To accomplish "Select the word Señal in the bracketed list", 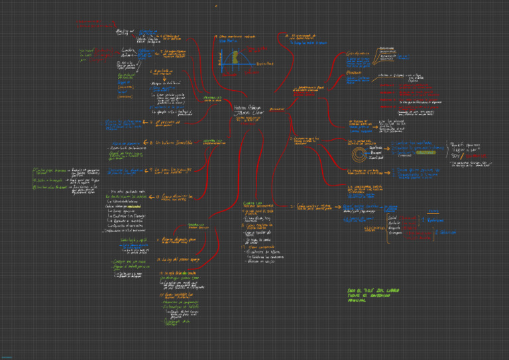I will [393, 216].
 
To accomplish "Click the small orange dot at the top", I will [216, 6].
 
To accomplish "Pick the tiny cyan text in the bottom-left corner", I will [5, 356].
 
